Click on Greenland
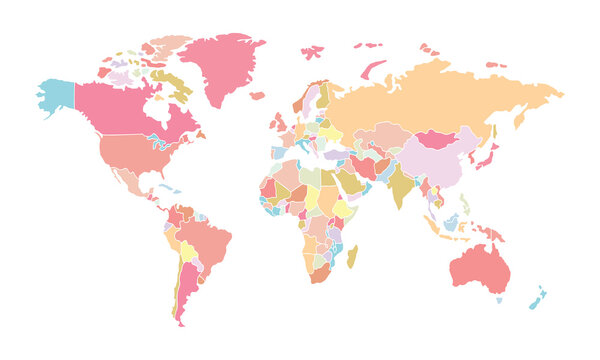click(x=220, y=65)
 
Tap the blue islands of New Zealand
click(x=538, y=298)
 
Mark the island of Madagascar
click(x=352, y=256)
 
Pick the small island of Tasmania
click(x=499, y=299)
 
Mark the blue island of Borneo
click(x=451, y=221)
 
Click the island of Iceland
click(x=258, y=96)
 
